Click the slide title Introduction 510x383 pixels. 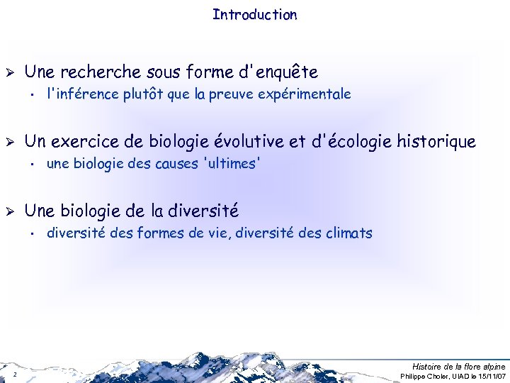click(x=254, y=14)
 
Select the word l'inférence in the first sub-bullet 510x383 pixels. click(x=78, y=94)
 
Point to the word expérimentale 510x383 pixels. click(x=310, y=94)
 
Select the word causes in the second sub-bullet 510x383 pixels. click(x=176, y=163)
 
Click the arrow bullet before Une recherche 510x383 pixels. click(x=10, y=72)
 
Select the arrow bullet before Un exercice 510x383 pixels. click(x=10, y=142)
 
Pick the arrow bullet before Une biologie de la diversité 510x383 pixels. click(x=10, y=211)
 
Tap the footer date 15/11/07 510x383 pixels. click(x=491, y=375)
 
